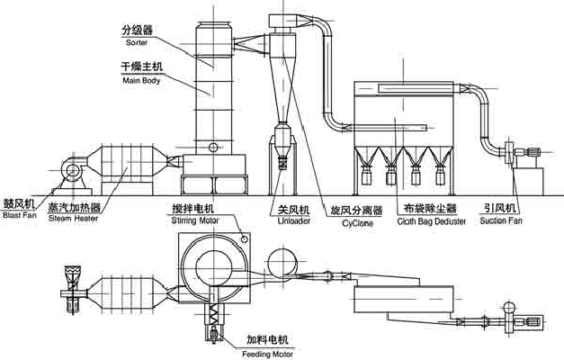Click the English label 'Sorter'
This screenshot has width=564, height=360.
[137, 42]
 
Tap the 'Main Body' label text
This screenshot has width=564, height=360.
[141, 80]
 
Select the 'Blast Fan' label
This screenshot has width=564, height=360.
[20, 215]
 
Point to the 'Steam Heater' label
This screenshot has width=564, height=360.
[74, 218]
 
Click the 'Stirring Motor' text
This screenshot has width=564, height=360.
[195, 220]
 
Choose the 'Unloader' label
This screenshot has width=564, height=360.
[294, 220]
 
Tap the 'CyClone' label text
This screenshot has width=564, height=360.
[357, 223]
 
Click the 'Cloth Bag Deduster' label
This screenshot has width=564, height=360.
[431, 221]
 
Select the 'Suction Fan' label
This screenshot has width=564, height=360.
[501, 220]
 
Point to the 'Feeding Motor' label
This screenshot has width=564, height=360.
[268, 355]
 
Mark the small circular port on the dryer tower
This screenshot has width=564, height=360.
[213, 147]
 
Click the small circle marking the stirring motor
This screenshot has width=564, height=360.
[245, 238]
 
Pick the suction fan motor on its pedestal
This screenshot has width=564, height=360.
[531, 151]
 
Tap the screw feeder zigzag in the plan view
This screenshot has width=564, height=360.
[215, 315]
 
